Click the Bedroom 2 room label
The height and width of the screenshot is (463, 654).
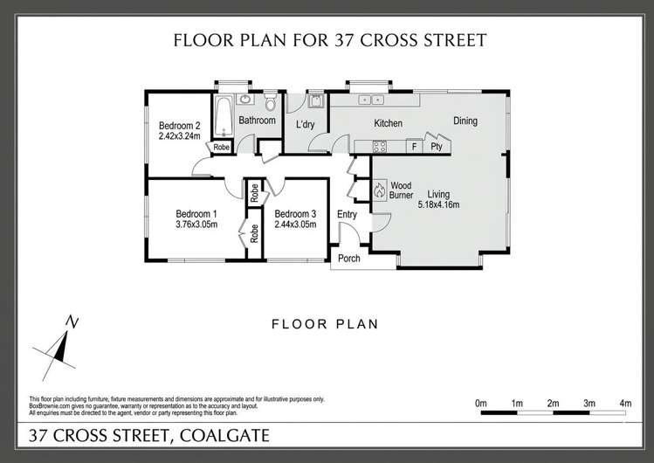(x=179, y=124)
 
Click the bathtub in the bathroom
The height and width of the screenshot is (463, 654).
(x=223, y=115)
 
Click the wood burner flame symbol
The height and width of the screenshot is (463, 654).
(x=380, y=190)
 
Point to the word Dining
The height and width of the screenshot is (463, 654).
(x=465, y=121)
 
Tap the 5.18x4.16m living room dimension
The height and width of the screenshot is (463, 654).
(x=438, y=204)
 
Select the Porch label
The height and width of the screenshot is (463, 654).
(x=348, y=258)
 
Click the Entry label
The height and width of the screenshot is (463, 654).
(x=347, y=215)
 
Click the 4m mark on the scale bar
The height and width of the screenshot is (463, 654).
(x=625, y=403)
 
